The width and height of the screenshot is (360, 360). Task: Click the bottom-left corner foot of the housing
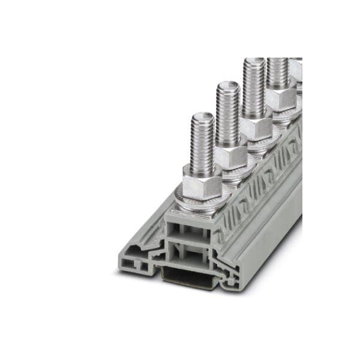[x=126, y=264]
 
